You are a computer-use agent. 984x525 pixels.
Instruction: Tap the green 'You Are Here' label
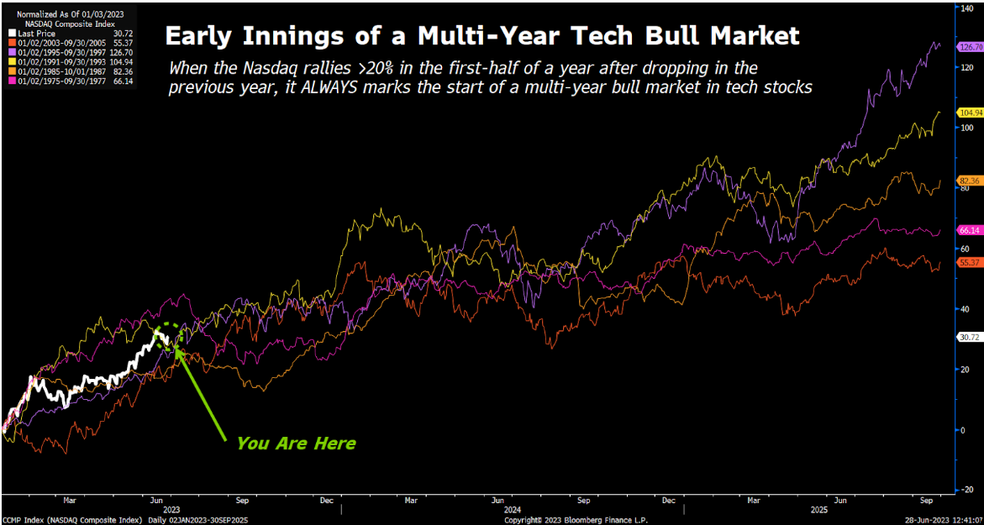[x=296, y=443]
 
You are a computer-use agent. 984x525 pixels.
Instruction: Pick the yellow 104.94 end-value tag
[x=970, y=112]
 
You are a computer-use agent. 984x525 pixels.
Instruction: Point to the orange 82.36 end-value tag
[x=970, y=181]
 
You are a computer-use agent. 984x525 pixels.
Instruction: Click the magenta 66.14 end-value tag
[x=970, y=230]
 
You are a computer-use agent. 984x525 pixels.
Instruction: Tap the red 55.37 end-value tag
[x=970, y=263]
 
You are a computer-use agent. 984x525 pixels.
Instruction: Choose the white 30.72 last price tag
[x=970, y=337]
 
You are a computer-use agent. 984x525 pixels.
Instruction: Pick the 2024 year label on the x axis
[x=513, y=509]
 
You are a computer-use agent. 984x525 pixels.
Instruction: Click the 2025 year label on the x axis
[x=819, y=509]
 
